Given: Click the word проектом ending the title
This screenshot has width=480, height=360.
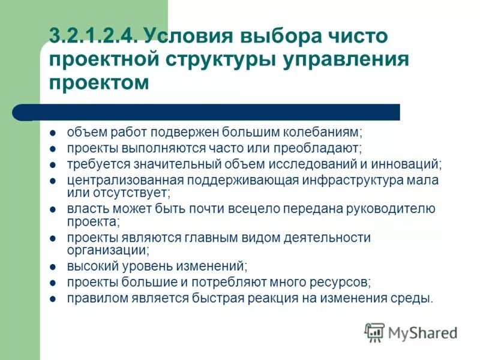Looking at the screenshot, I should click(x=98, y=82).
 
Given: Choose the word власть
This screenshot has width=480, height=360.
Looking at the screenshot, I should click(x=84, y=209).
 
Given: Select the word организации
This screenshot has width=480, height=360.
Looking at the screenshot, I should click(x=107, y=250).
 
